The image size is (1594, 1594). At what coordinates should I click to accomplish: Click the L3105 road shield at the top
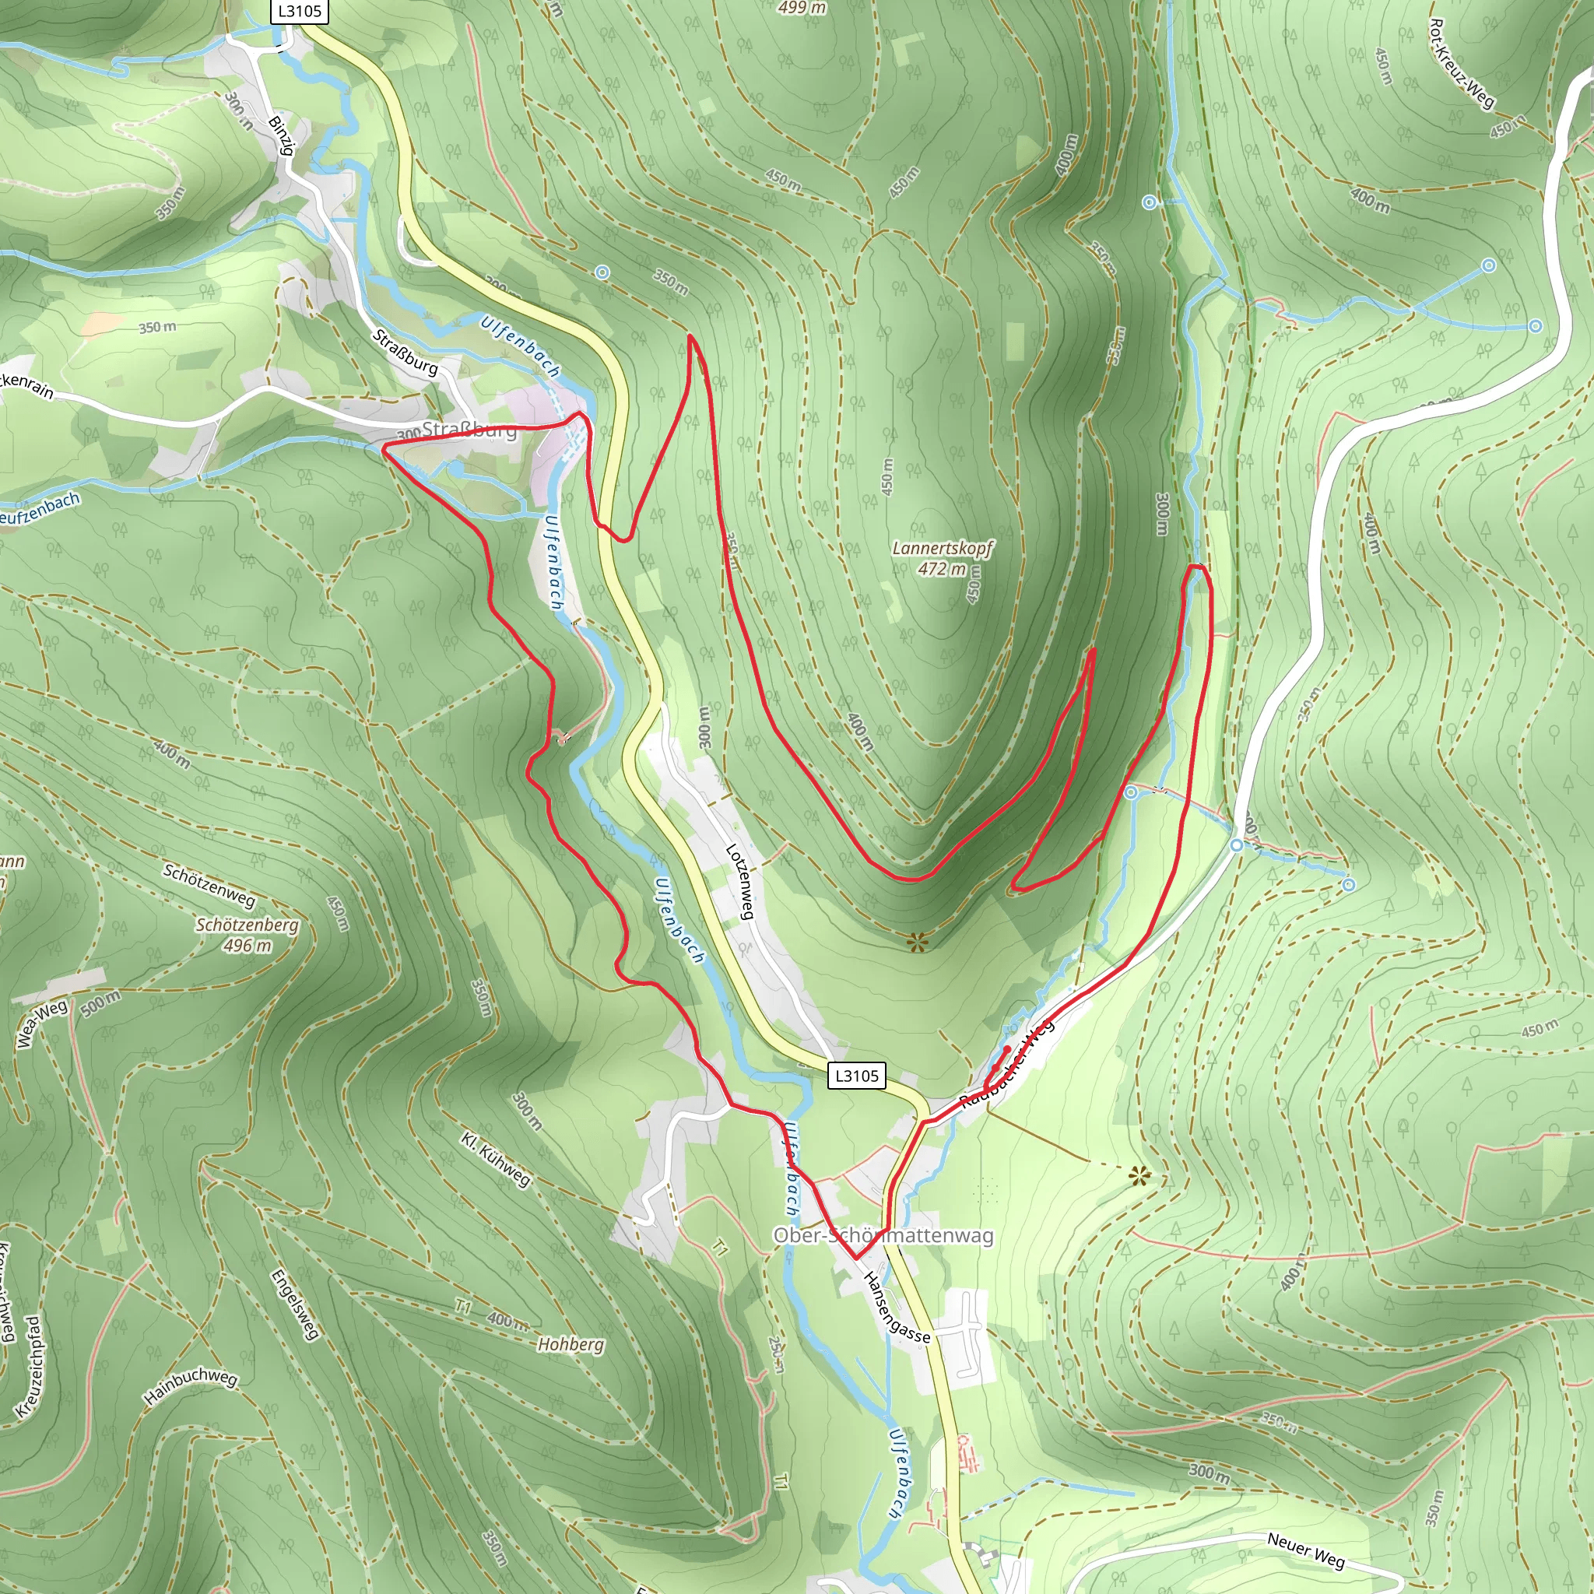pos(300,11)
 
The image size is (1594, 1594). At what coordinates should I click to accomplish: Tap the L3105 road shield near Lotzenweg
pos(856,1076)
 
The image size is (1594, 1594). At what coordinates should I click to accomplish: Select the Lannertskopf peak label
pos(943,548)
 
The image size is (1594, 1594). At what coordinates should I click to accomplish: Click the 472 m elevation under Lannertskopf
pos(942,568)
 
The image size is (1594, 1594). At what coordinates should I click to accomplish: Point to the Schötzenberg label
pos(247,925)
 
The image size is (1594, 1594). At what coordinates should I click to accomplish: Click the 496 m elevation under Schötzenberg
pos(247,946)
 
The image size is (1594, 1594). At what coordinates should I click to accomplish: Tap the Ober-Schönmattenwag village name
pos(883,1236)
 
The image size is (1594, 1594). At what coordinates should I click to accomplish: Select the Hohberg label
pos(571,1345)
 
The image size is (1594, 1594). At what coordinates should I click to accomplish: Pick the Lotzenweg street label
pos(739,881)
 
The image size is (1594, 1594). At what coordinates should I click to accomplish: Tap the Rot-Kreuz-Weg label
pos(1461,65)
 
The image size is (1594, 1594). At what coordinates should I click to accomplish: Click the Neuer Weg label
pos(1305,1550)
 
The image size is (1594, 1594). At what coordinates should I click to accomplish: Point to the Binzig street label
pos(281,135)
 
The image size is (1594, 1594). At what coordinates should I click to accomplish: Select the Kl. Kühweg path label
pos(495,1159)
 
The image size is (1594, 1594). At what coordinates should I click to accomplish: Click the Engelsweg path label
pos(294,1304)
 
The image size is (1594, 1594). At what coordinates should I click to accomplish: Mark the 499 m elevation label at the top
pos(802,8)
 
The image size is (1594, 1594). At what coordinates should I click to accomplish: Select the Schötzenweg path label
pos(209,885)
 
